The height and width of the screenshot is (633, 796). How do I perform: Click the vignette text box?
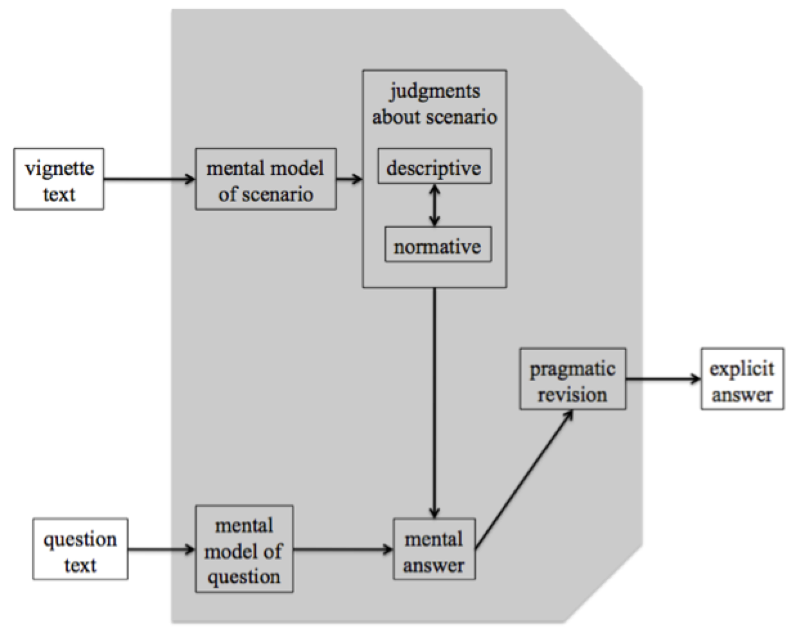(59, 179)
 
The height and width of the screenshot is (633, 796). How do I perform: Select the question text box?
(80, 549)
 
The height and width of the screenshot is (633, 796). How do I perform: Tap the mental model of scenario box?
(266, 179)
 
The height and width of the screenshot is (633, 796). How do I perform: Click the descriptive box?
(434, 167)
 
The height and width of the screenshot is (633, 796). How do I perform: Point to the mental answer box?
(434, 549)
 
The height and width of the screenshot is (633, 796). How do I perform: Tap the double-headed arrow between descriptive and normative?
(435, 205)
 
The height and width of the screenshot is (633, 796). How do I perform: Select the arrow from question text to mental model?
(161, 549)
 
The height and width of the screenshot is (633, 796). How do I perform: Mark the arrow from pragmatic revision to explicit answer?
(663, 379)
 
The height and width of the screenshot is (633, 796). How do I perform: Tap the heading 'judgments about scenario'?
(435, 104)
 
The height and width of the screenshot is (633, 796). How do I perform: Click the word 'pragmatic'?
(572, 368)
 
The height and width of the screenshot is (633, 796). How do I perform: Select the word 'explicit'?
(742, 368)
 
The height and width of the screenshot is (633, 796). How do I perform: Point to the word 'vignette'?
(59, 168)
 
